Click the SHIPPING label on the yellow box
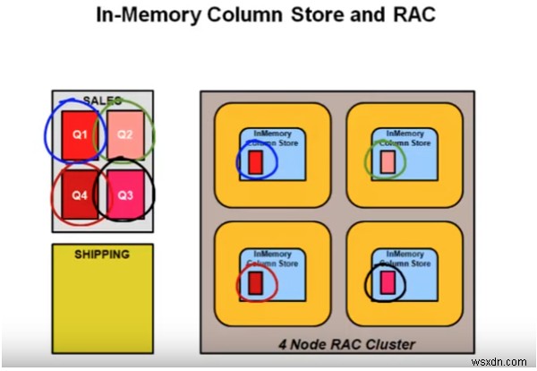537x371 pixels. (102, 255)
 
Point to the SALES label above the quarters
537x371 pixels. (102, 101)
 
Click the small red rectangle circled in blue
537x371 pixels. (256, 162)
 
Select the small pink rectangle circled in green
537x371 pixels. (387, 162)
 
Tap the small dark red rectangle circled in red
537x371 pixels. (256, 283)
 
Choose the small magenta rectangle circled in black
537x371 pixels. (387, 283)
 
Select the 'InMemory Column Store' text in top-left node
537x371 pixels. (273, 138)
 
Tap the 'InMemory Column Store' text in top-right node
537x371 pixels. (404, 138)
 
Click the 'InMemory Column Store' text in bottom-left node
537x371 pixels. (273, 259)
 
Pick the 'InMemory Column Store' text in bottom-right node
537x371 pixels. (404, 259)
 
